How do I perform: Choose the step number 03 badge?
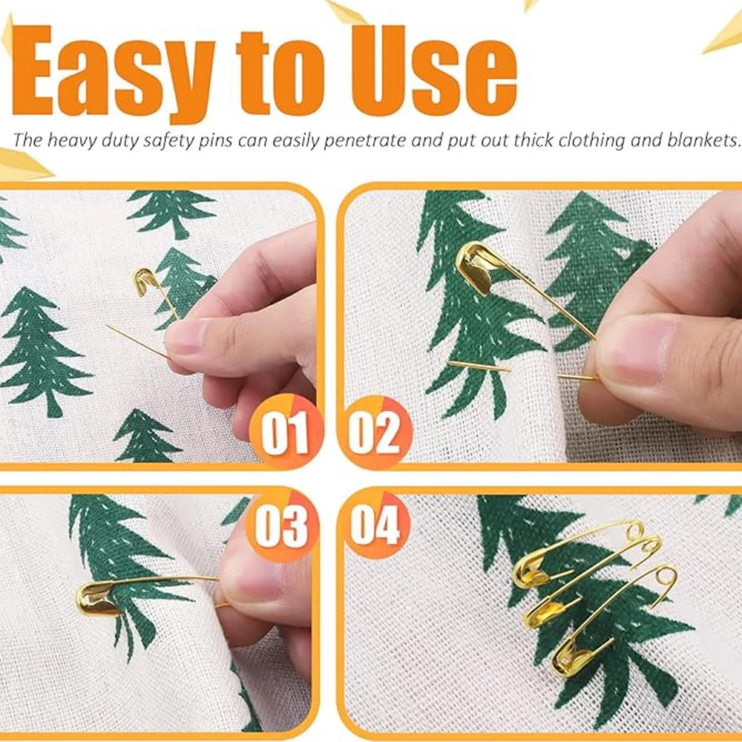coord(283,525)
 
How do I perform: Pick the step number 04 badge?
coord(376,525)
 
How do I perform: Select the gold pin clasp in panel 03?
coord(97,599)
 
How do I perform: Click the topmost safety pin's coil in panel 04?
coord(634,530)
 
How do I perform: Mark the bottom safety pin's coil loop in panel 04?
coord(667,576)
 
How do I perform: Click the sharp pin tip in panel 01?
coord(108,326)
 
